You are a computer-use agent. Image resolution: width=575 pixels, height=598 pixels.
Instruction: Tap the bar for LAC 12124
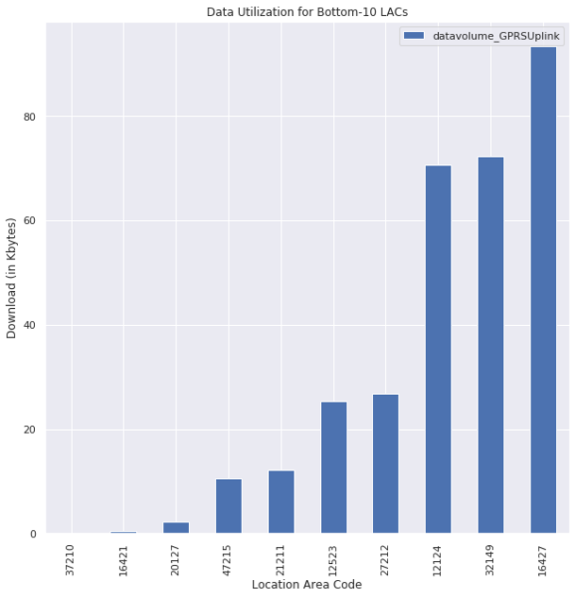[x=438, y=350]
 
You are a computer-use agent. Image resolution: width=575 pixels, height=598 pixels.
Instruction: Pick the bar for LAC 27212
[x=385, y=464]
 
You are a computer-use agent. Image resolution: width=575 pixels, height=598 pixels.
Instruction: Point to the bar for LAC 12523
[x=333, y=468]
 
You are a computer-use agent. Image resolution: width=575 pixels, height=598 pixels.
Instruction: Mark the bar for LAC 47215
[x=228, y=506]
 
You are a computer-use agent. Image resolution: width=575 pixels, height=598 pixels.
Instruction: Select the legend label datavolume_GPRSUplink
[x=497, y=37]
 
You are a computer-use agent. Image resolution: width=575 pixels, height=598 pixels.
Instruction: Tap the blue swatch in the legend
[x=413, y=37]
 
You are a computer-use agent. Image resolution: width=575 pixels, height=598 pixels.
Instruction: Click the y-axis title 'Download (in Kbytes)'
[x=12, y=278]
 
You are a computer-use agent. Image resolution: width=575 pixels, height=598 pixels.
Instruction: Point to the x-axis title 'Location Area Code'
[x=307, y=585]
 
